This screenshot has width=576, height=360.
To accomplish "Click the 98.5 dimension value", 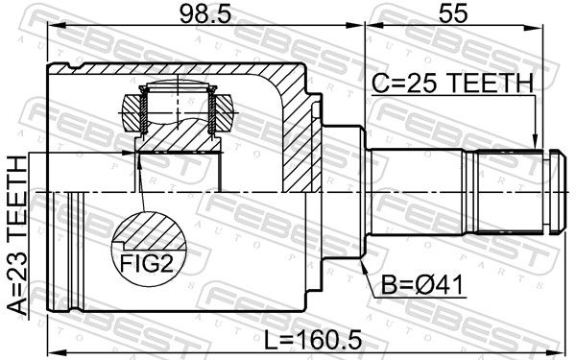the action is pos(205,13).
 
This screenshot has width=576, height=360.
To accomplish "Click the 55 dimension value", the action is pos(453,13).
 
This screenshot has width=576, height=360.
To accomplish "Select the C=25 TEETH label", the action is pos(452,83).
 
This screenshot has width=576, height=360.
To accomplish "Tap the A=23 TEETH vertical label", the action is pos(17,235).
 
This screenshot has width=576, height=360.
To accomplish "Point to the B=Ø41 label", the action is pos(421,285).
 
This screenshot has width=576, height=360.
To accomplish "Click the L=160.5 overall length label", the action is pos(313,339).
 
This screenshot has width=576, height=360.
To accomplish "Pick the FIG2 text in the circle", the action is pos(147,263).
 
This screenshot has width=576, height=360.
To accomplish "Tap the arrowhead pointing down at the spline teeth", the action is pos(537,141).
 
